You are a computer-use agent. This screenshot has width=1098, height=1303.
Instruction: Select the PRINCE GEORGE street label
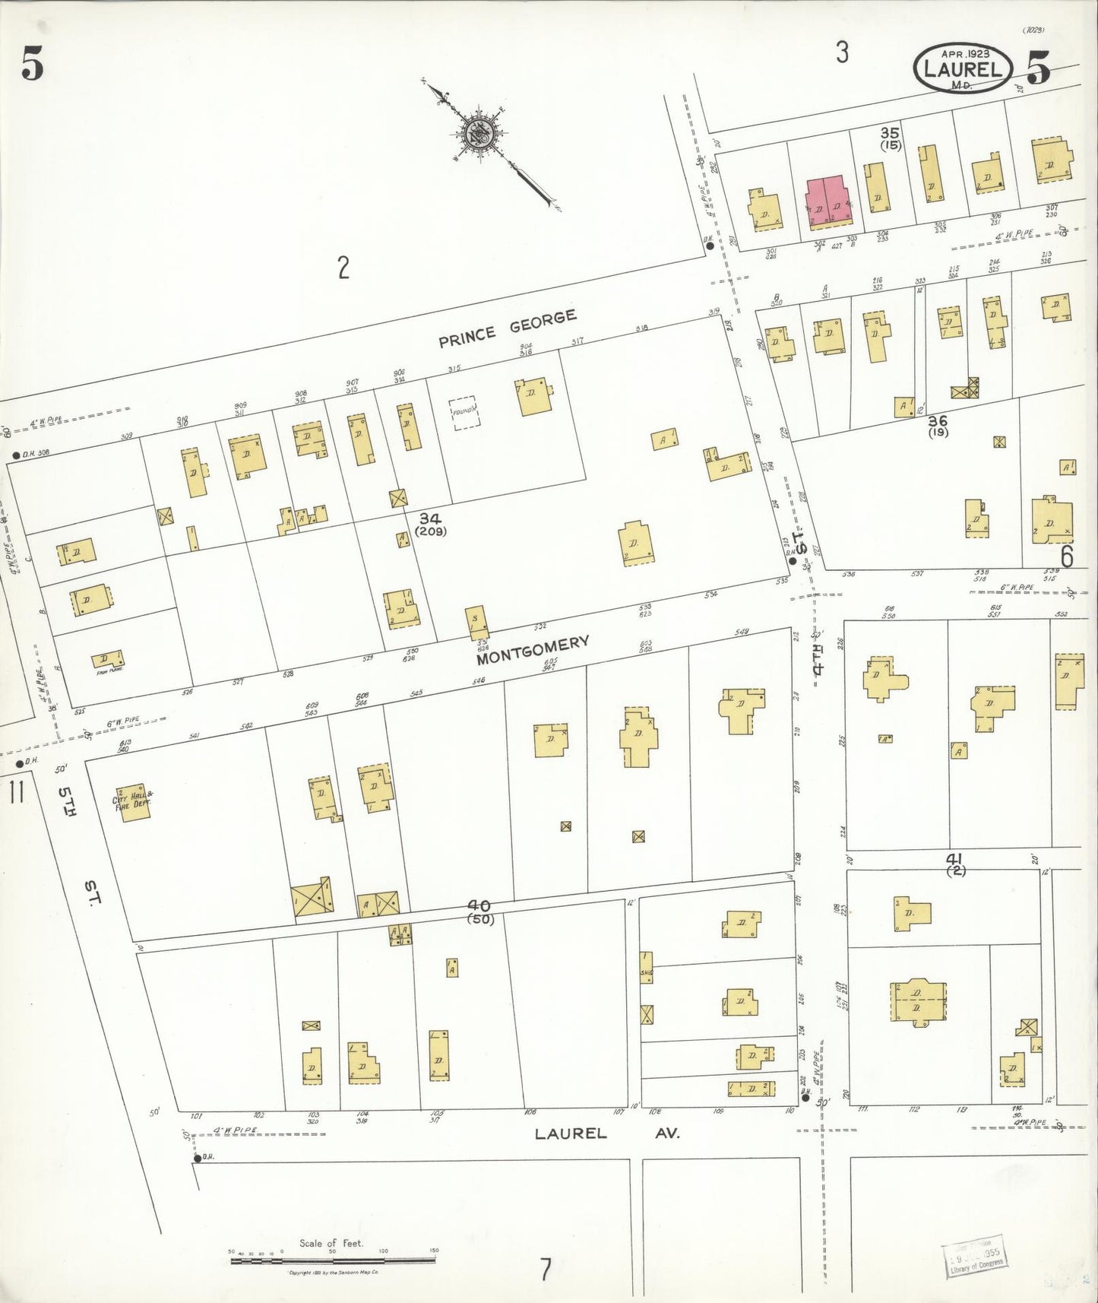pos(507,329)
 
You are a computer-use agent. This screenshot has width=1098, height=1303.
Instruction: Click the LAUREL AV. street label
pos(606,1133)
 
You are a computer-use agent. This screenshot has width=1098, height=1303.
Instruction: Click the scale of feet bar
pos(334,1260)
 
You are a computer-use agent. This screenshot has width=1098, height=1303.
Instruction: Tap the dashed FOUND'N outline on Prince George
pos(465,413)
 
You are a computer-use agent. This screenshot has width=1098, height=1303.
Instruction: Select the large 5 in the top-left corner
pos(31,66)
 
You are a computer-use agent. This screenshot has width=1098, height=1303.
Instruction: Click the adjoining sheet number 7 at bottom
pos(544,1270)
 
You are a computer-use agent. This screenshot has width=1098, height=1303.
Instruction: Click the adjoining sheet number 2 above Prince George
pos(343,268)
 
